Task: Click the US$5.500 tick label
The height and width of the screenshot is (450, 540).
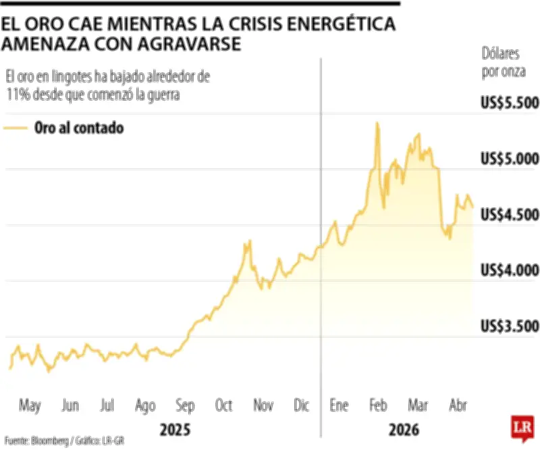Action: click(x=510, y=103)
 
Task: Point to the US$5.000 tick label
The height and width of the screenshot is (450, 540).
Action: click(x=510, y=159)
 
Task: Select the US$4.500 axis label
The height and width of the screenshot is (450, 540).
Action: click(x=510, y=214)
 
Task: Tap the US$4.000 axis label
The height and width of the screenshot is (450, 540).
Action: click(x=510, y=270)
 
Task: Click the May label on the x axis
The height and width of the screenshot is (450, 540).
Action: click(x=30, y=405)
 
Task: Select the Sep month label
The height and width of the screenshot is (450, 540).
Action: click(x=185, y=405)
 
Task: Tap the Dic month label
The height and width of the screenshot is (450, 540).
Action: click(x=301, y=405)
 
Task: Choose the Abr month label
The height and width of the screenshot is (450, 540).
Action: click(x=458, y=405)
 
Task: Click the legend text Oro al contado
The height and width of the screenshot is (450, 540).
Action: click(x=79, y=128)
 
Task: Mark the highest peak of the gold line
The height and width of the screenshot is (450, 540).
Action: click(x=377, y=123)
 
